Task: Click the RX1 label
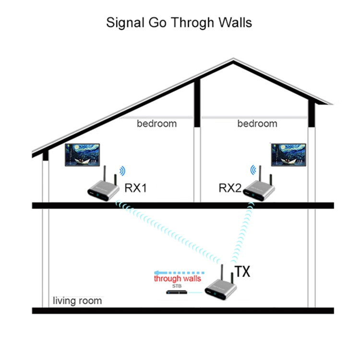pos(135,188)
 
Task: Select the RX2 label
pos(230,188)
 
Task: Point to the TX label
pos(242,272)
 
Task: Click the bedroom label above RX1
pos(156,123)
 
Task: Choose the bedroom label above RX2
pos(257,123)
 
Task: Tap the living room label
pos(77,301)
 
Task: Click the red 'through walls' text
pos(177,278)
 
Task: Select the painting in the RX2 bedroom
pos(289,154)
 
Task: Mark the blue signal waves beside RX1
pos(123,170)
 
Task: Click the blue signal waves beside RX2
pos(253,170)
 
